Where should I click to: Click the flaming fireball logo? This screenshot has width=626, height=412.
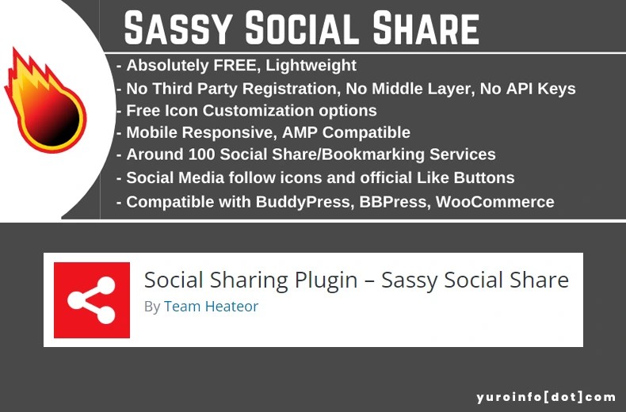point(44,99)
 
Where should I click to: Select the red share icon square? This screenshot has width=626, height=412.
point(91,299)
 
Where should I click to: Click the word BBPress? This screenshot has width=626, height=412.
point(394,202)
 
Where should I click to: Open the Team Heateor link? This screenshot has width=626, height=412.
point(211,306)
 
